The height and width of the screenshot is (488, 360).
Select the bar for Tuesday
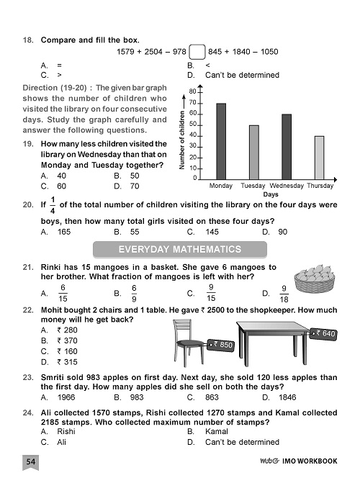(x=253, y=152)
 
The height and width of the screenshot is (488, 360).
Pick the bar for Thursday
(x=319, y=157)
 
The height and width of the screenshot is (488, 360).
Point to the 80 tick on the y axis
(x=193, y=92)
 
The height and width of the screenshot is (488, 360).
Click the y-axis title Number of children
(x=182, y=140)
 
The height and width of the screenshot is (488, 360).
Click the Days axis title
(x=271, y=194)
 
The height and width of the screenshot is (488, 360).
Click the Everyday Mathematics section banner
(x=181, y=249)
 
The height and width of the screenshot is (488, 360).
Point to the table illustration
(x=284, y=344)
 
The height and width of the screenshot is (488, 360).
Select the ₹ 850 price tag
(x=222, y=345)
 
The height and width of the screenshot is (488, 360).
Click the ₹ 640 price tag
(x=325, y=334)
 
